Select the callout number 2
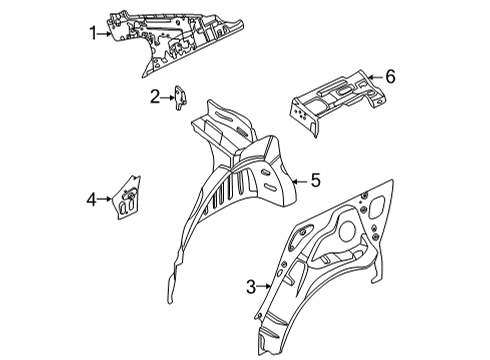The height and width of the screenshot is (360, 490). tap(155, 96)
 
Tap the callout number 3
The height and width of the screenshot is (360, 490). tap(250, 287)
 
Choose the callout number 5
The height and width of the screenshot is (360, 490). tap(314, 181)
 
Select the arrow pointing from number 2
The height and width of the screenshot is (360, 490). tap(169, 96)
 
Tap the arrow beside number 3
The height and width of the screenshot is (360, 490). tap(264, 287)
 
